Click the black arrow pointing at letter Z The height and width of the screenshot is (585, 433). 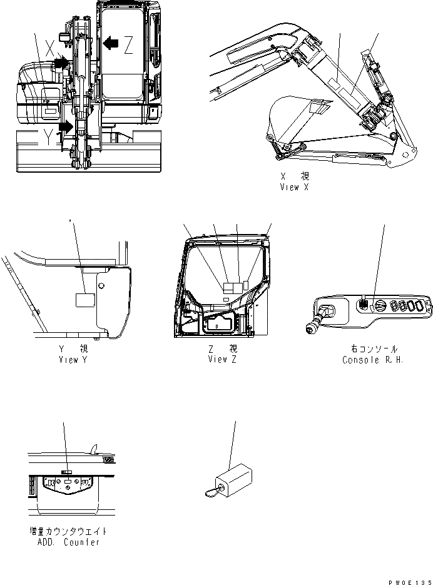[111, 43]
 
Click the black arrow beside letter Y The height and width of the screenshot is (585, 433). [66, 127]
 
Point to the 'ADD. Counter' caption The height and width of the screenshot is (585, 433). [68, 542]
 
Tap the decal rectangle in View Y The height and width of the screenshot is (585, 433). [84, 300]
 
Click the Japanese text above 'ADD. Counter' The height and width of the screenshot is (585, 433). [68, 531]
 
